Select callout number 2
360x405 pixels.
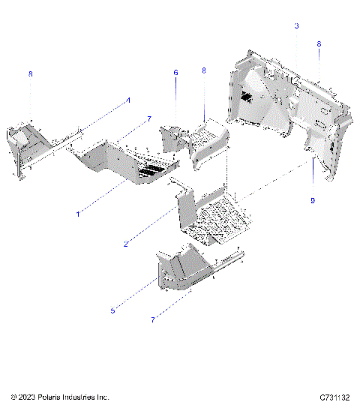pyautogui.click(x=127, y=243)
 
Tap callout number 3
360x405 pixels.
pyautogui.click(x=296, y=26)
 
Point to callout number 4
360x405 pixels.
pyautogui.click(x=127, y=100)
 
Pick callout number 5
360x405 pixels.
pyautogui.click(x=112, y=310)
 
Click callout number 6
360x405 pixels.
pyautogui.click(x=176, y=73)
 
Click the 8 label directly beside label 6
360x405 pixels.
pyautogui.click(x=203, y=70)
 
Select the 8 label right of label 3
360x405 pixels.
pyautogui.click(x=319, y=45)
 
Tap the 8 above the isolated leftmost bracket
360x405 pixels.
pyautogui.click(x=31, y=74)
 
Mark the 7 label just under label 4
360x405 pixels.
pyautogui.click(x=149, y=119)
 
